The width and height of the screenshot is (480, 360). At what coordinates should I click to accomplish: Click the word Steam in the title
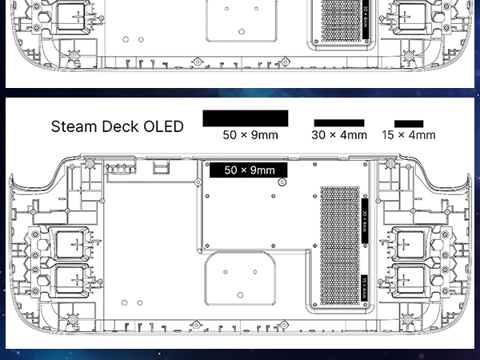74,126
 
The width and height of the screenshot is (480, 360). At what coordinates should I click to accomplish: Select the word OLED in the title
163,126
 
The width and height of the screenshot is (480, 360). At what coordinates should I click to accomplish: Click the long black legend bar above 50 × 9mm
245,118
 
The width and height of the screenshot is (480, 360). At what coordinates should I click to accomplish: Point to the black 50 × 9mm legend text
250,135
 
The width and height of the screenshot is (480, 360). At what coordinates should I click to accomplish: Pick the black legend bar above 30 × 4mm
338,123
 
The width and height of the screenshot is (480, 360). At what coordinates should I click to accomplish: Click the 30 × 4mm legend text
339,135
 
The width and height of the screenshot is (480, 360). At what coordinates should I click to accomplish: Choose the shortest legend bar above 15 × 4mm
409,124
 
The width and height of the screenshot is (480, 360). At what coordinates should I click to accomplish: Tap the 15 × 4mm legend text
409,135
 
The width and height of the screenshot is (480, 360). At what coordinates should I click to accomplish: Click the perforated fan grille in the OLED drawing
339,247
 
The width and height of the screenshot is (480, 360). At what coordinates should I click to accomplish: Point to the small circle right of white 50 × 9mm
282,182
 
